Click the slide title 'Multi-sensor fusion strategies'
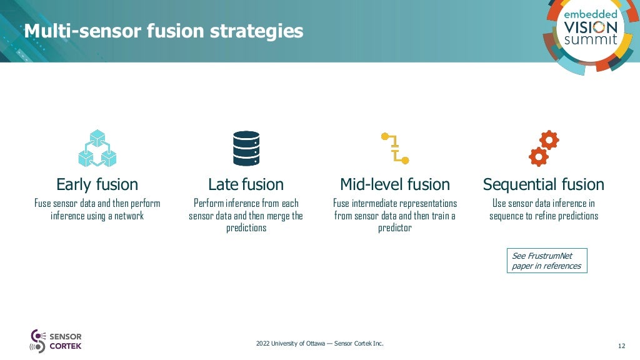(164, 31)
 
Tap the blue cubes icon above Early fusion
(97, 148)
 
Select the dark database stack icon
(246, 148)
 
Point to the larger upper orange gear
(549, 139)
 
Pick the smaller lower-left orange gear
(537, 156)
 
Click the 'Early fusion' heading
(97, 184)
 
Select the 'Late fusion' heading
(246, 184)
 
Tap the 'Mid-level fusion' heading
(395, 184)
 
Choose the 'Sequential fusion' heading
(544, 184)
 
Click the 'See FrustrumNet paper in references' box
(547, 261)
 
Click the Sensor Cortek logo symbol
(37, 341)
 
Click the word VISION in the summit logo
(591, 27)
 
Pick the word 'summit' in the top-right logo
(591, 40)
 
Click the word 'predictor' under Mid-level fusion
(395, 228)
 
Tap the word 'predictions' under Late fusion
(246, 228)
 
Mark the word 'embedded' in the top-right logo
(591, 14)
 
